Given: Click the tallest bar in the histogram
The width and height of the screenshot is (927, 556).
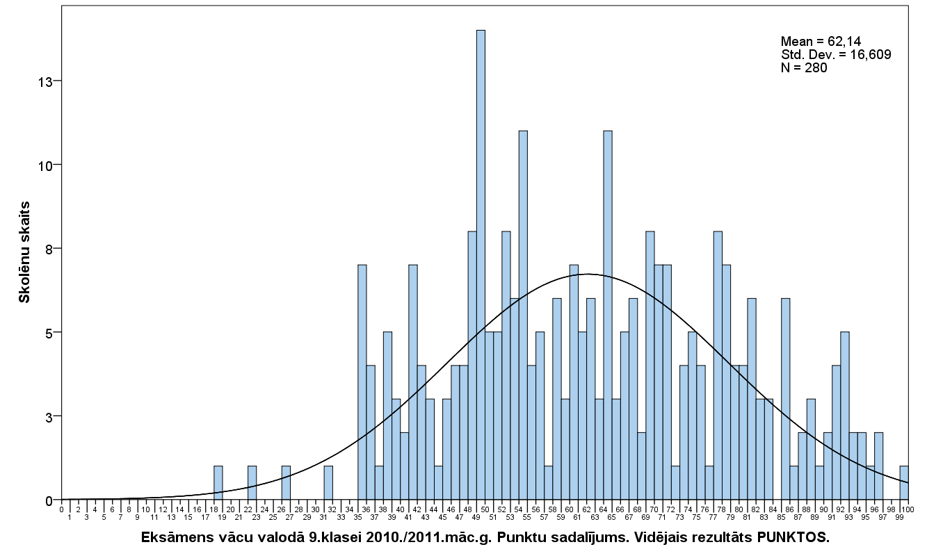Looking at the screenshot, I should (x=481, y=264).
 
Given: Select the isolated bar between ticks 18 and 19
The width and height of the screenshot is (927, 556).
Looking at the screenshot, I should (x=218, y=483).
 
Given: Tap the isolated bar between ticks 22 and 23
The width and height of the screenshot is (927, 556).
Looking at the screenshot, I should (x=252, y=483).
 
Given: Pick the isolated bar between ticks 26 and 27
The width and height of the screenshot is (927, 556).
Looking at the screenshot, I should (x=286, y=483).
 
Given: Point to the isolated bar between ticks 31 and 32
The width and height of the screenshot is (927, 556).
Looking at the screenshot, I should (x=328, y=483).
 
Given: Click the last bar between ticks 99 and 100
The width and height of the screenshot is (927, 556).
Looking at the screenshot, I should (x=904, y=483).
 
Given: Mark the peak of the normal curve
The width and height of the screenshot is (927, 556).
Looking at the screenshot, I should (x=588, y=274).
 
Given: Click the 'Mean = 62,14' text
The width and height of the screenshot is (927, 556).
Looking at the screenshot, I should (x=816, y=41).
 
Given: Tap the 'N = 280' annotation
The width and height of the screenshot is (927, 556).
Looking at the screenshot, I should (x=804, y=67).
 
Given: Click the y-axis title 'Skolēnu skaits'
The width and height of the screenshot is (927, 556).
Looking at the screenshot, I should (x=24, y=252).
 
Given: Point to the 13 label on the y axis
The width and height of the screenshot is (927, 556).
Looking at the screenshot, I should (x=45, y=81).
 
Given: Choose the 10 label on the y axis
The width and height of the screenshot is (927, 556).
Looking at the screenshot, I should (x=45, y=165).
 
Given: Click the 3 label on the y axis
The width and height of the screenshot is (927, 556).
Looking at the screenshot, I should (x=49, y=416).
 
